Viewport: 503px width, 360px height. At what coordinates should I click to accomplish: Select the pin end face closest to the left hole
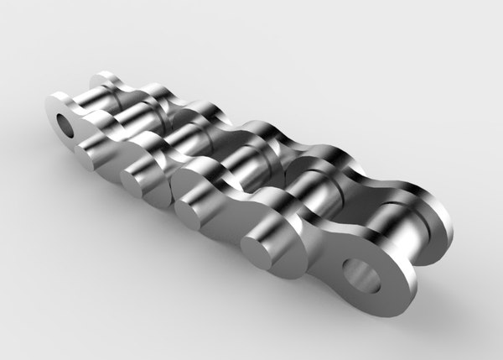tap(91, 152)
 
